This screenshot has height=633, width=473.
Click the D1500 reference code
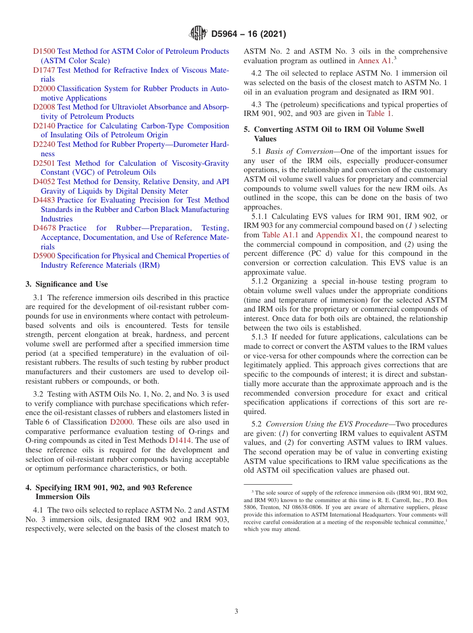(44, 51)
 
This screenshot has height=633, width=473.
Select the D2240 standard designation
(44, 144)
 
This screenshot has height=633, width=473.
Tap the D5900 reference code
(44, 256)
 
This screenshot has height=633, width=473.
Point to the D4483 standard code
(44, 200)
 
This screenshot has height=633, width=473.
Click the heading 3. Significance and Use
(66, 284)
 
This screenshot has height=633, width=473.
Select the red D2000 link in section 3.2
(121, 422)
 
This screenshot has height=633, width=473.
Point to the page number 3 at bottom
(236, 611)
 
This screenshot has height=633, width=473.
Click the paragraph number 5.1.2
(261, 281)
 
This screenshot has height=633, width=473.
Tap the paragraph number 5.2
(257, 424)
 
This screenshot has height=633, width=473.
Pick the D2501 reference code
(44, 163)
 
